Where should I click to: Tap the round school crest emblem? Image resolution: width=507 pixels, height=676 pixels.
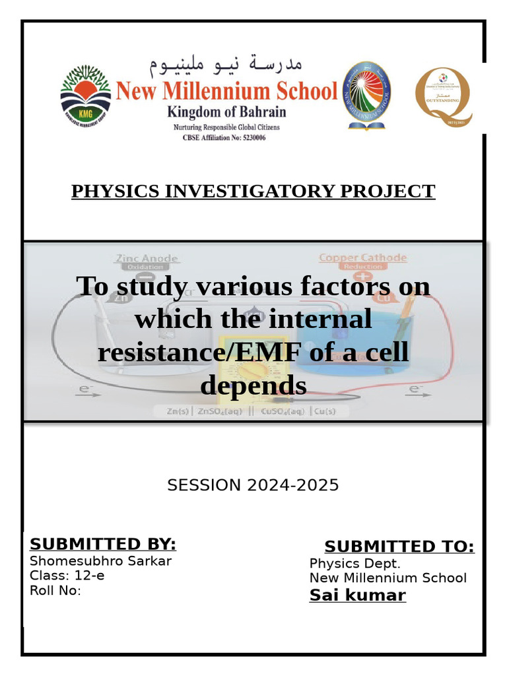point(368,95)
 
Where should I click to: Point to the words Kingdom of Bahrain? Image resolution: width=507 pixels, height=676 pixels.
point(226,111)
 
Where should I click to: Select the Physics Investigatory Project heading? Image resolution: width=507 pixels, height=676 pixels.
point(253,191)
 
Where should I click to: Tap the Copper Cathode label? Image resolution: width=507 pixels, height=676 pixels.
point(362,258)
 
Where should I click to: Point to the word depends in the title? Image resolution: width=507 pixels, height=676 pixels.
point(253,386)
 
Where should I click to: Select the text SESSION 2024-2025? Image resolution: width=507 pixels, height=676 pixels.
point(253,485)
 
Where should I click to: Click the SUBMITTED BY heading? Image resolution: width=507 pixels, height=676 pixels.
point(103,544)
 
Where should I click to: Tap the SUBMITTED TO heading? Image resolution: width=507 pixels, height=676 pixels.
point(399,547)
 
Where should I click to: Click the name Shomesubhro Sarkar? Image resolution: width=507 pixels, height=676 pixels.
point(100,561)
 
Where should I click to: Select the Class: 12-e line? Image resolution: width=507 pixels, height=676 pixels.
point(67,576)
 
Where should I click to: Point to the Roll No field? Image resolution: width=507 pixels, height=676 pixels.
point(55,590)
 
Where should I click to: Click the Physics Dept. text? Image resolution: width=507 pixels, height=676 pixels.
point(355,564)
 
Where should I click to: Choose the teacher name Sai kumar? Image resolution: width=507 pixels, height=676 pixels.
point(357,596)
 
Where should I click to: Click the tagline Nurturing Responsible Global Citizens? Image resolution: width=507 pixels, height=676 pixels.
point(226,127)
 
